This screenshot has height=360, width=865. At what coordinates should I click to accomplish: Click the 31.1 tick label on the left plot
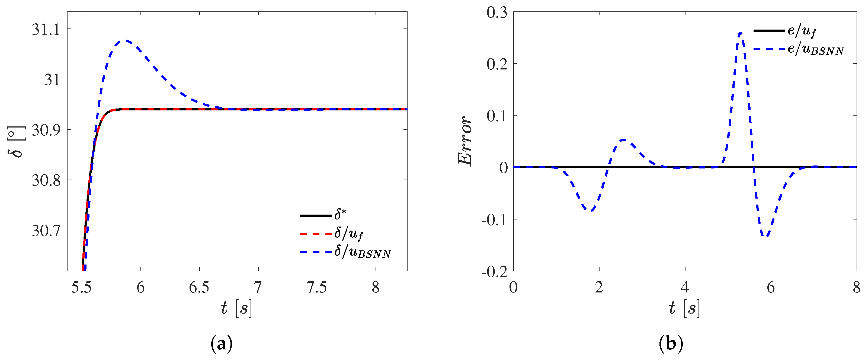[46, 30]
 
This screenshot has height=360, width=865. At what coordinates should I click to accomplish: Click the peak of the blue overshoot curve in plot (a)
[125, 41]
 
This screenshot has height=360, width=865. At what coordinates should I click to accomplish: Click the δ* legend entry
[340, 214]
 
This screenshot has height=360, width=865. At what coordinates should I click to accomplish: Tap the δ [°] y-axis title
[16, 142]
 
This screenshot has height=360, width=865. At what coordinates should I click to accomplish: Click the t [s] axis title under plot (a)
[236, 308]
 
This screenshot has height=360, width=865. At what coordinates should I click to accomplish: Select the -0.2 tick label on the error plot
[494, 272]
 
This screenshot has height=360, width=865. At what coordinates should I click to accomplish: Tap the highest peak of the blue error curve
[741, 33]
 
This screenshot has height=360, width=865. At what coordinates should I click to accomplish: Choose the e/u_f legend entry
[802, 31]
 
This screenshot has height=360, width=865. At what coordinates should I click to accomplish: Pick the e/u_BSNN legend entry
[815, 49]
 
